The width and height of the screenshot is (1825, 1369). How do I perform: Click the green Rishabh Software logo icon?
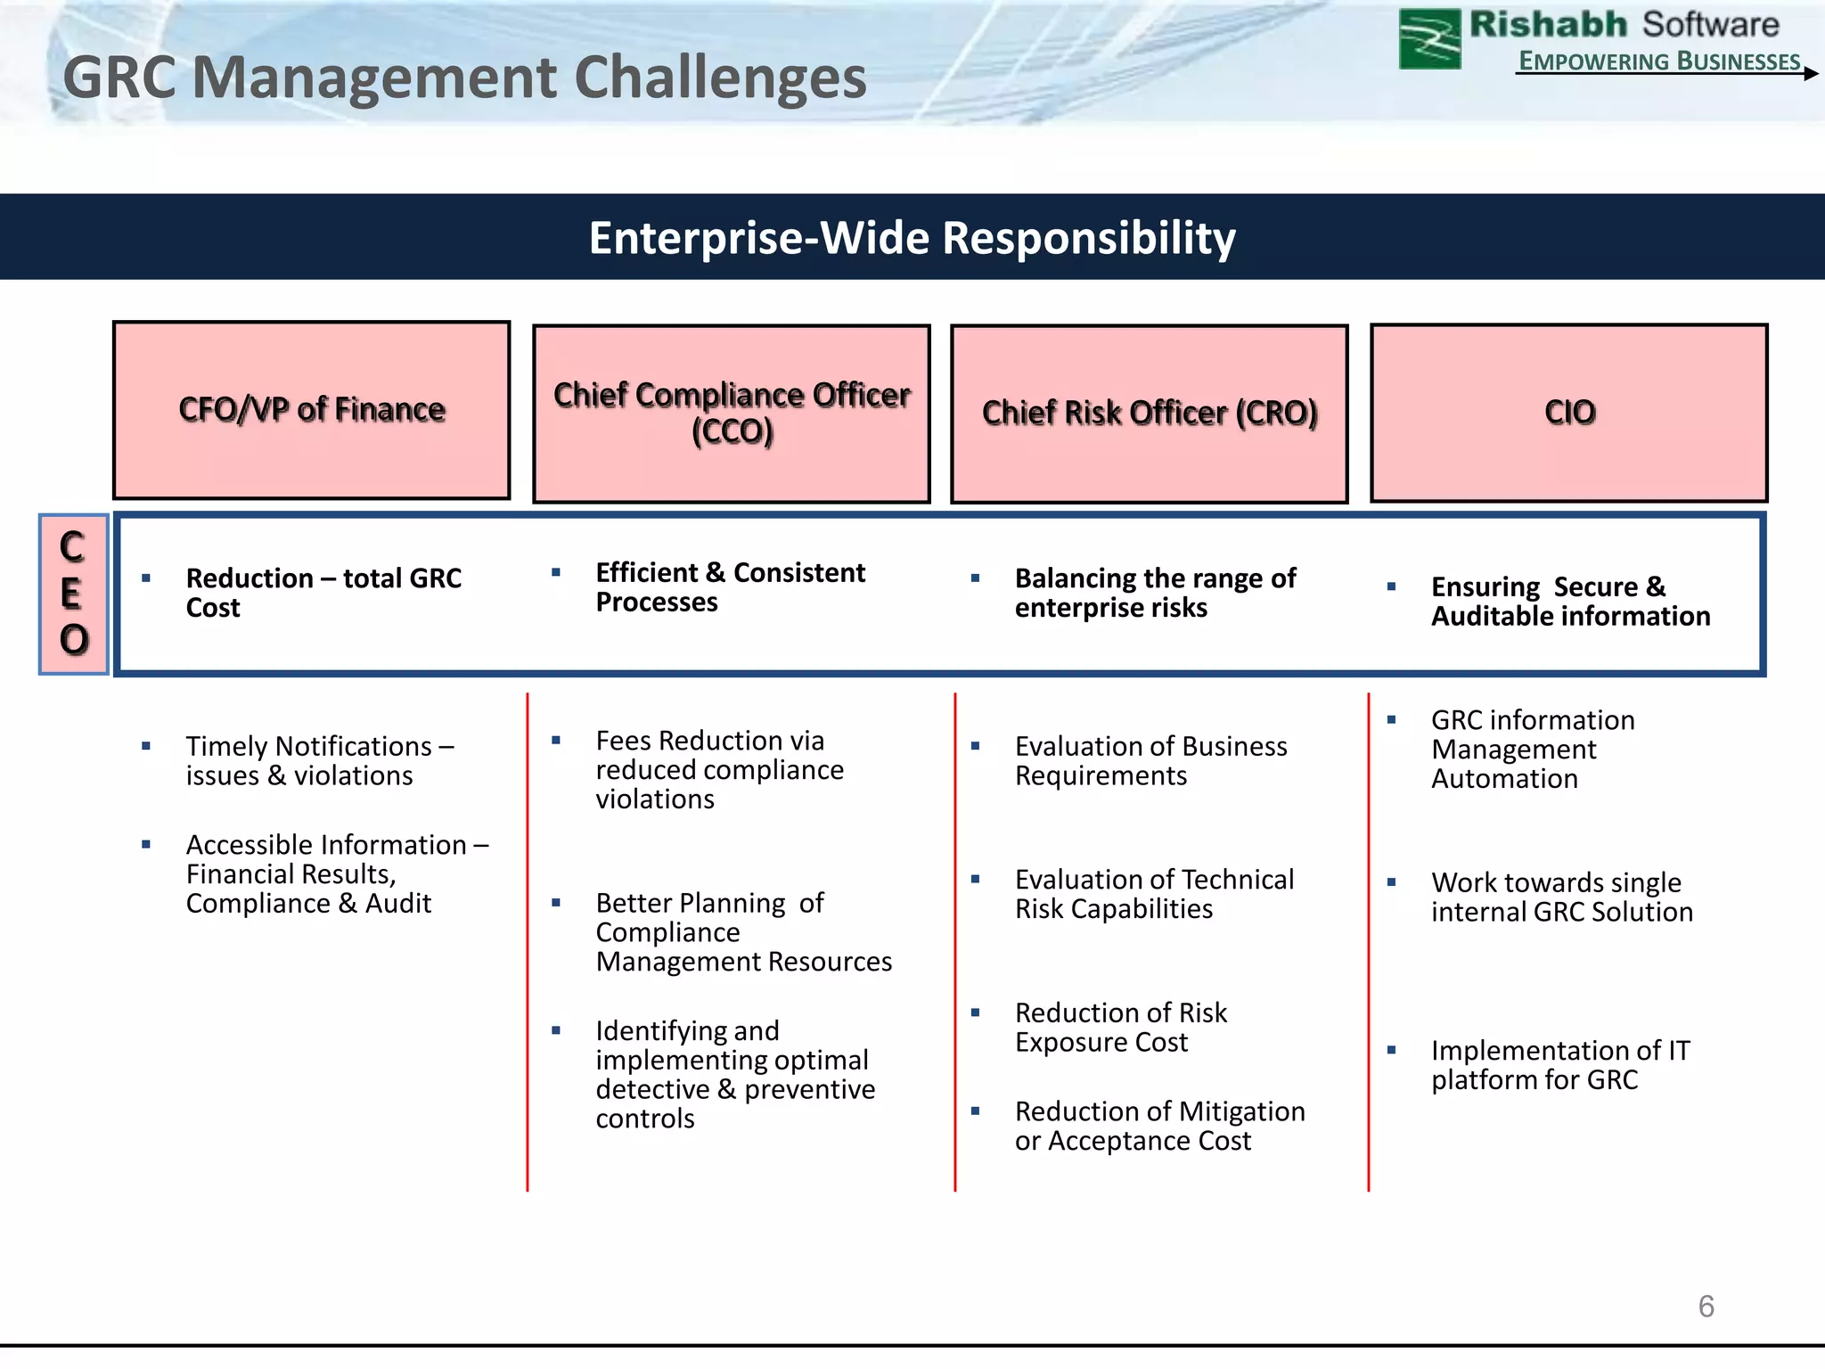[x=1429, y=38]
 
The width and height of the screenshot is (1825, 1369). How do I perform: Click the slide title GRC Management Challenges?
[x=463, y=78]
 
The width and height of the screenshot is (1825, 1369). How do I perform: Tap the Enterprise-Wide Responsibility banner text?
[x=912, y=238]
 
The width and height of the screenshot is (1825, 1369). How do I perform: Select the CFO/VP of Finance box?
[x=312, y=410]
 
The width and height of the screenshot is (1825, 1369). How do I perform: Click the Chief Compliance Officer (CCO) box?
[x=732, y=414]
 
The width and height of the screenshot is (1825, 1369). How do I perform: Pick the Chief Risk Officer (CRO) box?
[x=1150, y=414]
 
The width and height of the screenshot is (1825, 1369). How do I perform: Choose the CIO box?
[x=1569, y=413]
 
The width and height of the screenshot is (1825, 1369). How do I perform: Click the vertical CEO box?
[x=74, y=594]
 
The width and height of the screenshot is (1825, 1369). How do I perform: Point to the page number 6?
[x=1706, y=1307]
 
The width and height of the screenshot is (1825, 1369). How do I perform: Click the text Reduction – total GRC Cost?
[x=323, y=593]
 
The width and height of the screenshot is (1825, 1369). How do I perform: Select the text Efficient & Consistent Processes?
[x=729, y=587]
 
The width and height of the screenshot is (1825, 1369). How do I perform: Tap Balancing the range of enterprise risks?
[x=1154, y=593]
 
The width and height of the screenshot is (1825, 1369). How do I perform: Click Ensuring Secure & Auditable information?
[x=1569, y=602]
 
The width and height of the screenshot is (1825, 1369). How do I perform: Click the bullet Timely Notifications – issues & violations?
[x=319, y=760]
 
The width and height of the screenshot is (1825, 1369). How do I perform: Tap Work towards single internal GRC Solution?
[x=1560, y=897]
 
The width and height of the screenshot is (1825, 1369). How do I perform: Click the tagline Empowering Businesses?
[x=1658, y=61]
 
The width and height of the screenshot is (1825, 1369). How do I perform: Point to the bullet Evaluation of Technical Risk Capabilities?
[x=1153, y=894]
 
